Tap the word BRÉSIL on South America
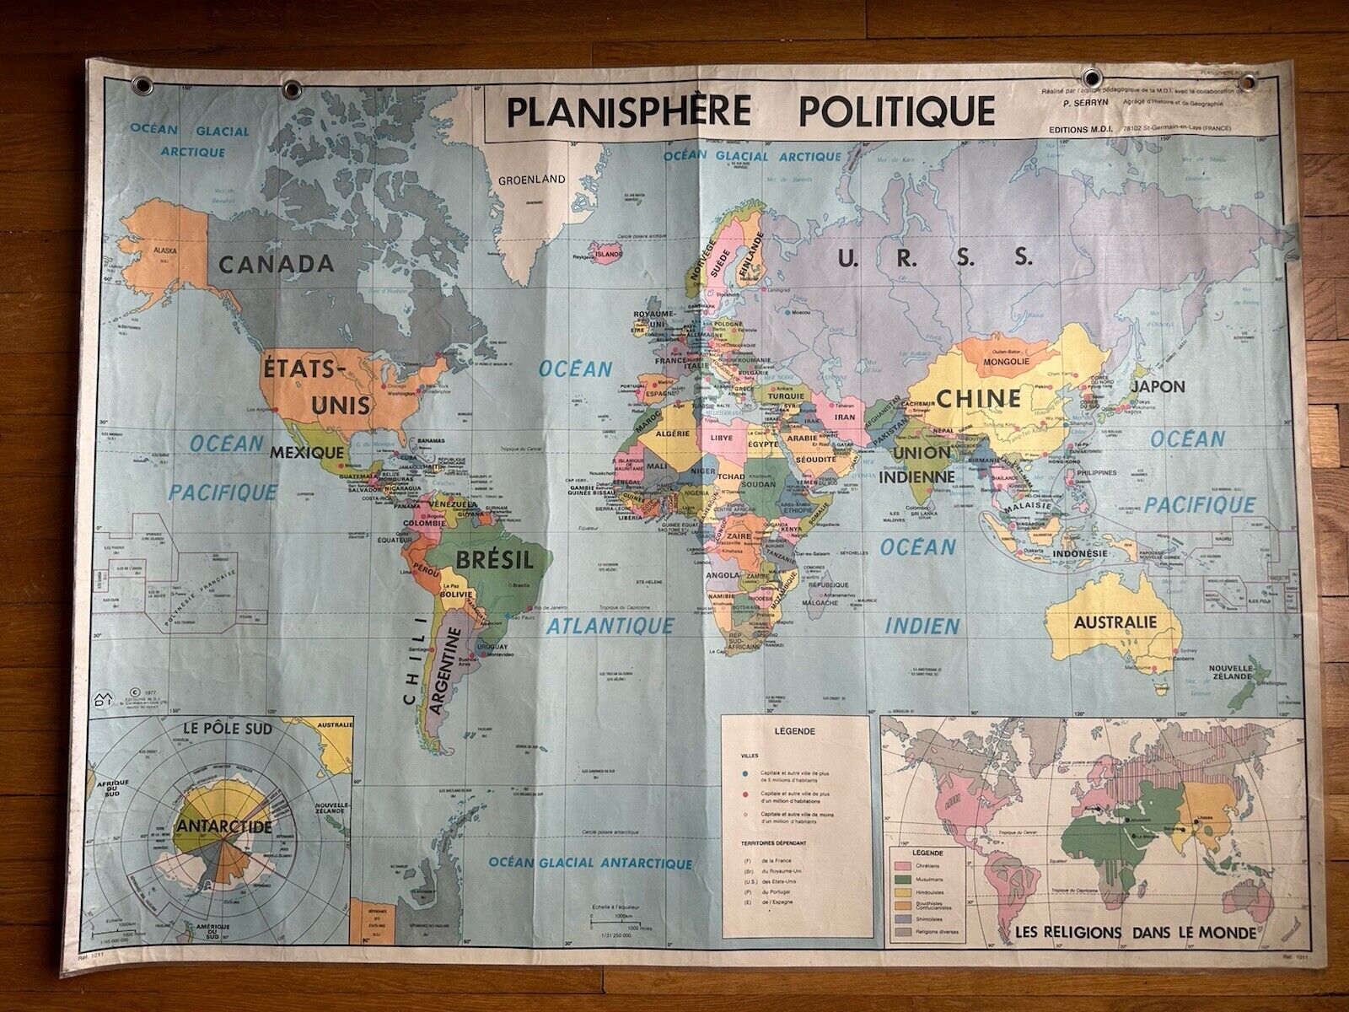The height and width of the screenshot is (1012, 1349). (x=494, y=559)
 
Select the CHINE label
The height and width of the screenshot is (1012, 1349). (x=979, y=398)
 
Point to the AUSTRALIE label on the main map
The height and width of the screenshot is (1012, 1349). (x=1115, y=622)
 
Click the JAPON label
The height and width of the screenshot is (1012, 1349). (x=1158, y=387)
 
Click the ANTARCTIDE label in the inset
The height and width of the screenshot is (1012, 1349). (x=224, y=826)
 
